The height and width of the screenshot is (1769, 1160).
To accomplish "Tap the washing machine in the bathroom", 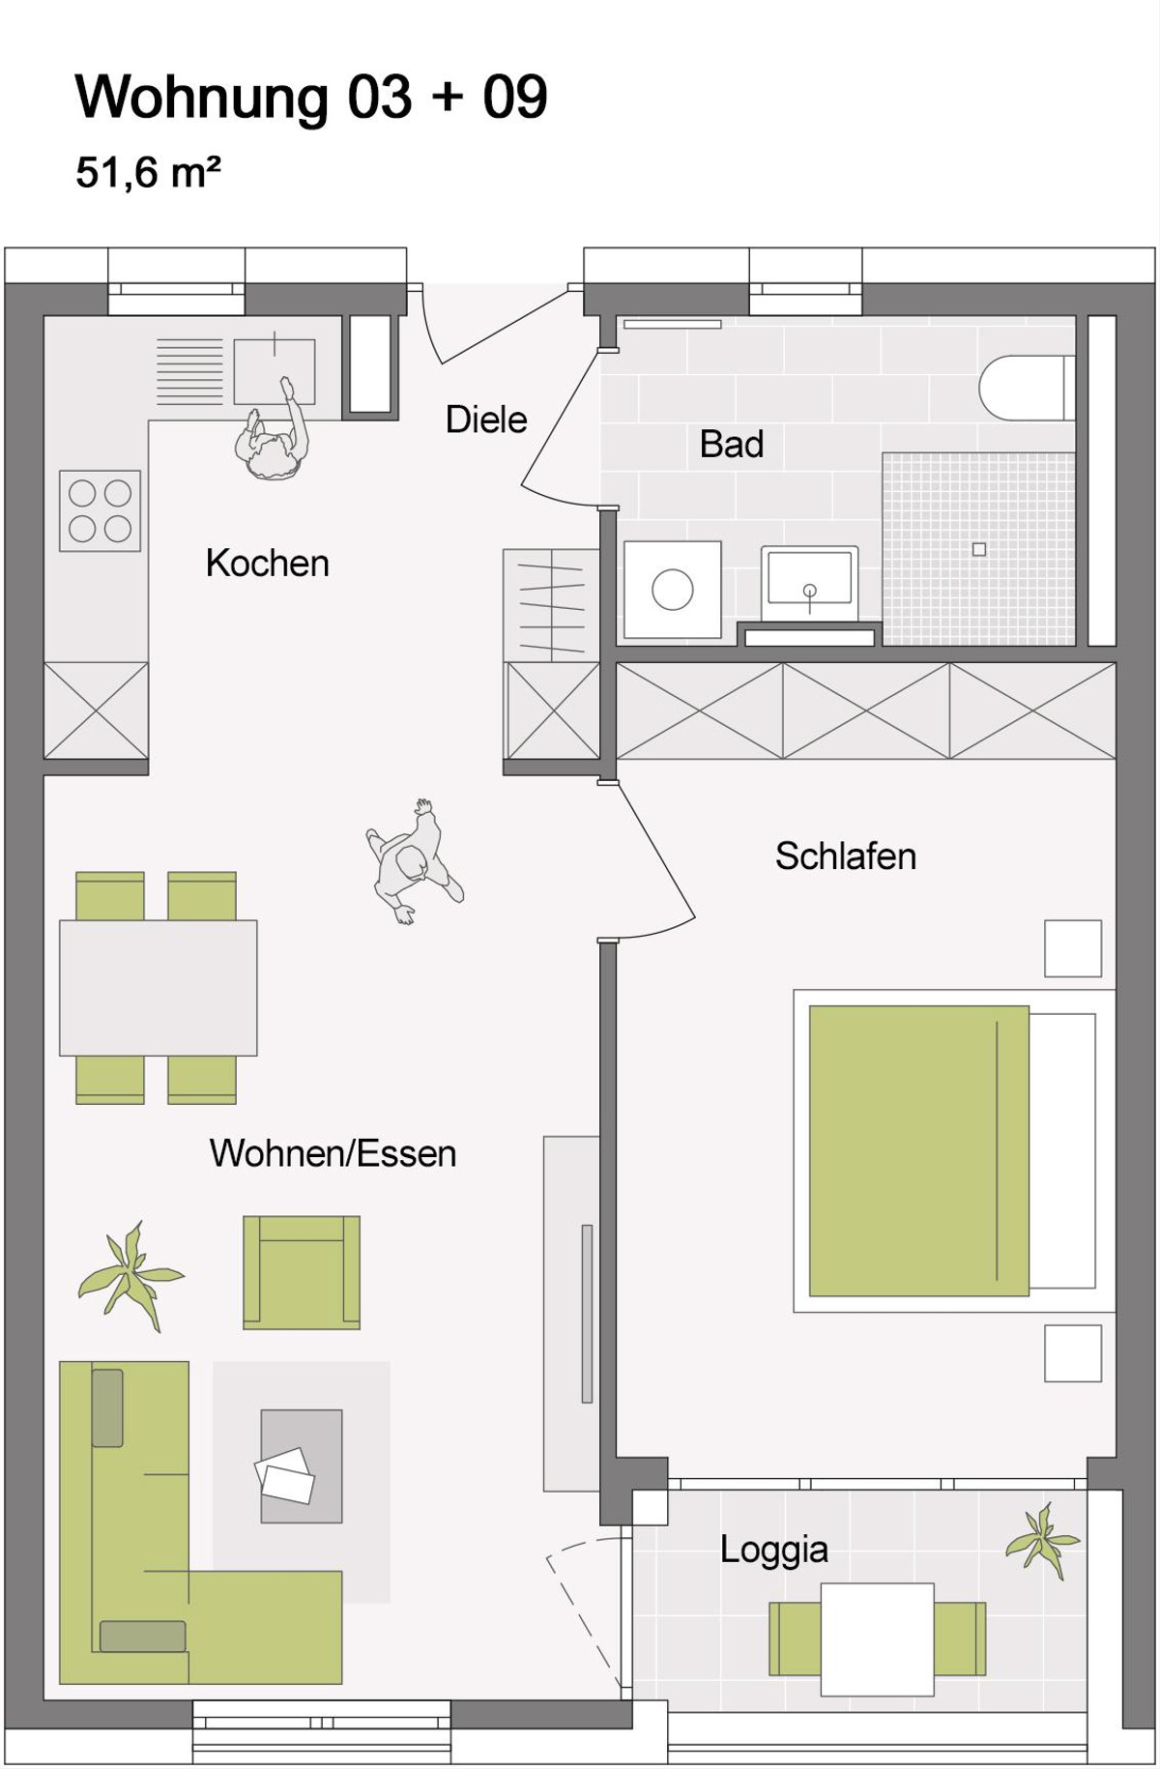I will point(673,590).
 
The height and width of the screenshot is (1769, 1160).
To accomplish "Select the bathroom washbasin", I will point(809,580).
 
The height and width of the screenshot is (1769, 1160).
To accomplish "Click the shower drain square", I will point(979,549).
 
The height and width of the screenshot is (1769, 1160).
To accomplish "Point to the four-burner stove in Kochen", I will point(100,510).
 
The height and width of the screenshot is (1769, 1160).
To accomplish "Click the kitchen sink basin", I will point(275,371).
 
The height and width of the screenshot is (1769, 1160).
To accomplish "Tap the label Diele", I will point(486,420).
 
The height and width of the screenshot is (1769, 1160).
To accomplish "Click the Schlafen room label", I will point(846,856).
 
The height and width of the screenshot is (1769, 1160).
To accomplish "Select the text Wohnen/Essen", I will point(333,1153).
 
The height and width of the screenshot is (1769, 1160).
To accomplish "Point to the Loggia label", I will point(774,1550).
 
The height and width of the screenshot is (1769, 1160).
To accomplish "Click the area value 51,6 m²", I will point(148,173).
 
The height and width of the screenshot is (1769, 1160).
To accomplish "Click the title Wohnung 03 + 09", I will point(311,97).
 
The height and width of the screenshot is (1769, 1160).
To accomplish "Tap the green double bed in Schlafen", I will point(918,1150).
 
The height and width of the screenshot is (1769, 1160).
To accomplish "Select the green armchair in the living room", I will point(302,1272).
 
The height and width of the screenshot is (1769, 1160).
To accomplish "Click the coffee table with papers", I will point(301,1466).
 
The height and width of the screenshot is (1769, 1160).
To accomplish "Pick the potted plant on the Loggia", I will point(1042,1539).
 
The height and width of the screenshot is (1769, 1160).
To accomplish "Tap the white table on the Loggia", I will point(877,1638).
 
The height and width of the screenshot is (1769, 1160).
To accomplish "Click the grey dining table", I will point(159,987).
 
